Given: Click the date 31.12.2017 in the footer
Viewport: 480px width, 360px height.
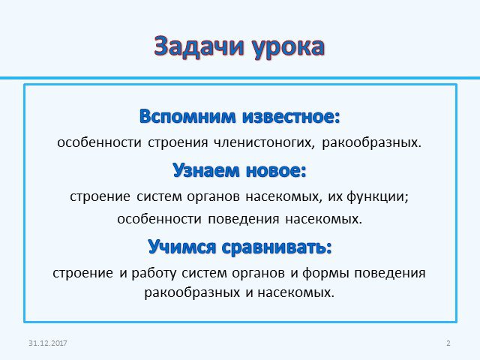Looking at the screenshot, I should tap(47, 343).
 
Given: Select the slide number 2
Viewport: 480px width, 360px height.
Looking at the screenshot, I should tap(448, 343).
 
